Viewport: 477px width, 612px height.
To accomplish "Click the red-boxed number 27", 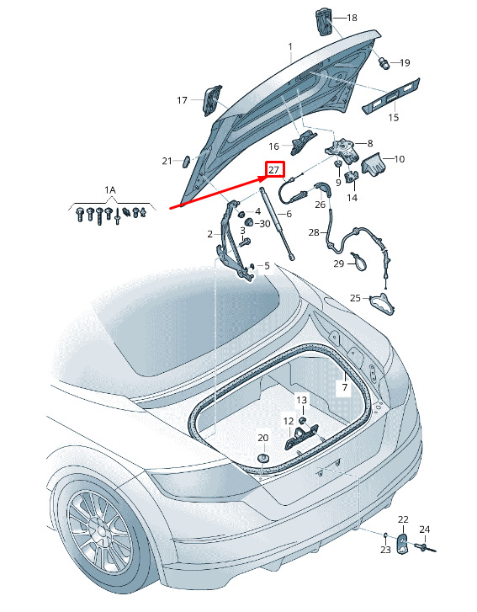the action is click(273, 170).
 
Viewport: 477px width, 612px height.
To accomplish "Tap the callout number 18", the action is click(352, 18).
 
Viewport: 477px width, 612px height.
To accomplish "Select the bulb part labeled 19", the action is click(385, 62).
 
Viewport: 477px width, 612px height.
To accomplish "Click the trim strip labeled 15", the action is click(391, 96).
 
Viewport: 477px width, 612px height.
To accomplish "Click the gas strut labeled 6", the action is click(278, 223).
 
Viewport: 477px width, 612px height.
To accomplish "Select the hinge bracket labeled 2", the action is click(233, 240).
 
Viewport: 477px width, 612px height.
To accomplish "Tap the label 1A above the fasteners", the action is click(110, 190).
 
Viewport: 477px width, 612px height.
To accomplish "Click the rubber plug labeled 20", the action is click(263, 458).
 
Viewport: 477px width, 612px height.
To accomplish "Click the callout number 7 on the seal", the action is click(345, 387).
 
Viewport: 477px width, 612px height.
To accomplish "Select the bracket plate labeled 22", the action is click(402, 543).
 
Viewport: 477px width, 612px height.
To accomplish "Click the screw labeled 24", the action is click(425, 548).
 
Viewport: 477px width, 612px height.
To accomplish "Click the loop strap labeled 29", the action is click(359, 261).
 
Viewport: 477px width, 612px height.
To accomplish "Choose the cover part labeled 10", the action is click(374, 164).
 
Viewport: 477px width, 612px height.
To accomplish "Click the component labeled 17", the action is click(212, 100).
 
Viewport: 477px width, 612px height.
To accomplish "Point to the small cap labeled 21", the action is click(186, 161).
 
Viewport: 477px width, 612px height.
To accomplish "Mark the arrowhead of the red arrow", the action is click(262, 178).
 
